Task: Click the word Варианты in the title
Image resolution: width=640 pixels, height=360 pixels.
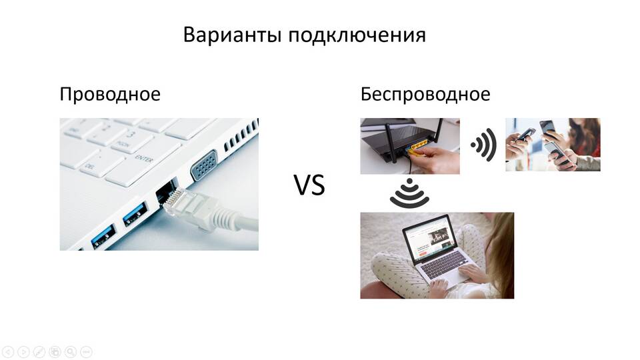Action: (232, 35)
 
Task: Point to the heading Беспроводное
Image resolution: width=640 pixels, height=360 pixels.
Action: (425, 95)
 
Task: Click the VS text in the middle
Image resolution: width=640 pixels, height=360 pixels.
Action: (309, 185)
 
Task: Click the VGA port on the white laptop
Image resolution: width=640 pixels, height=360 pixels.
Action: (204, 165)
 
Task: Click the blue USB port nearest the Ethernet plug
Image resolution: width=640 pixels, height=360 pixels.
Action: (135, 214)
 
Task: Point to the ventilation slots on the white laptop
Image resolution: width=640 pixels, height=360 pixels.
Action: (241, 136)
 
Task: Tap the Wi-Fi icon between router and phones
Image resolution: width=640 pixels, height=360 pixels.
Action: (483, 145)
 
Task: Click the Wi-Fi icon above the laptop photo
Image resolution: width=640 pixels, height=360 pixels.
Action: (409, 193)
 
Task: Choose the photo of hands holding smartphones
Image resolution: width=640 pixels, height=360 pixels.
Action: (553, 145)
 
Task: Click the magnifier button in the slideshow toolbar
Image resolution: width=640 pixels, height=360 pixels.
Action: (70, 351)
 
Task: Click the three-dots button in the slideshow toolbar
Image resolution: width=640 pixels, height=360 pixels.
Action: (86, 351)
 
